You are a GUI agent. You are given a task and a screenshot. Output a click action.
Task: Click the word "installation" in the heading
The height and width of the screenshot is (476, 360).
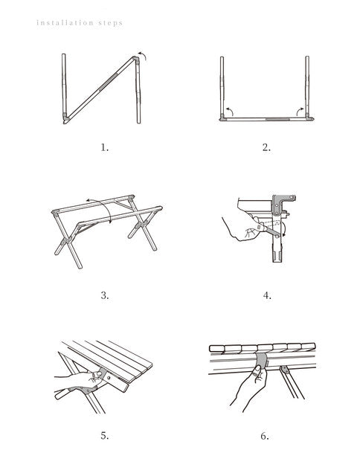tap(65, 23)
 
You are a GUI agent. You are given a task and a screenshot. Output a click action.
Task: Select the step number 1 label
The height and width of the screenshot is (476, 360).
tap(104, 148)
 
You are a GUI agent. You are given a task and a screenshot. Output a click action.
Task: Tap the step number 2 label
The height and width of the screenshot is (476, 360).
tap(266, 148)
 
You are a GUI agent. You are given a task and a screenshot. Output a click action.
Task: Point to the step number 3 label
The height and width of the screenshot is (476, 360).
tap(105, 295)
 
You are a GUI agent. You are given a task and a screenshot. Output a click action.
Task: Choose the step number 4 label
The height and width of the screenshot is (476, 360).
tap(267, 295)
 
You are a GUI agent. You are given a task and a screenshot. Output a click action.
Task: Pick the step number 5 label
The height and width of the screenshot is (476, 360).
tap(105, 436)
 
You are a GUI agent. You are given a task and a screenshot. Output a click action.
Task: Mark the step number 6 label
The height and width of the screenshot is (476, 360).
tap(265, 436)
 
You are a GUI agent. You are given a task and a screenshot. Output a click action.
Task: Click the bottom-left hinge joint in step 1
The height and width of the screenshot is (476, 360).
tap(65, 118)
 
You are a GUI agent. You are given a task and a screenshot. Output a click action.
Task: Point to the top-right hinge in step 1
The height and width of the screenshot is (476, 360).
tap(136, 60)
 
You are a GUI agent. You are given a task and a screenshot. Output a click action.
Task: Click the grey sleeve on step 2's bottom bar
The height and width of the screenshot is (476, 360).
tap(277, 119)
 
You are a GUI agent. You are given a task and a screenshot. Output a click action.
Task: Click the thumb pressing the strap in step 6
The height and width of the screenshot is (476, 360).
tap(257, 372)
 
